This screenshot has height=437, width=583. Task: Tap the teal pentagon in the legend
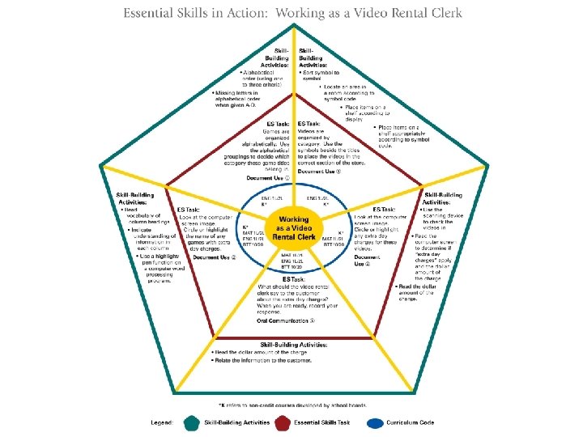point(191,422)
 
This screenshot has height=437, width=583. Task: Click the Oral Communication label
point(284,320)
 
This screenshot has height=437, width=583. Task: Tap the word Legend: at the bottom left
point(162,422)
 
